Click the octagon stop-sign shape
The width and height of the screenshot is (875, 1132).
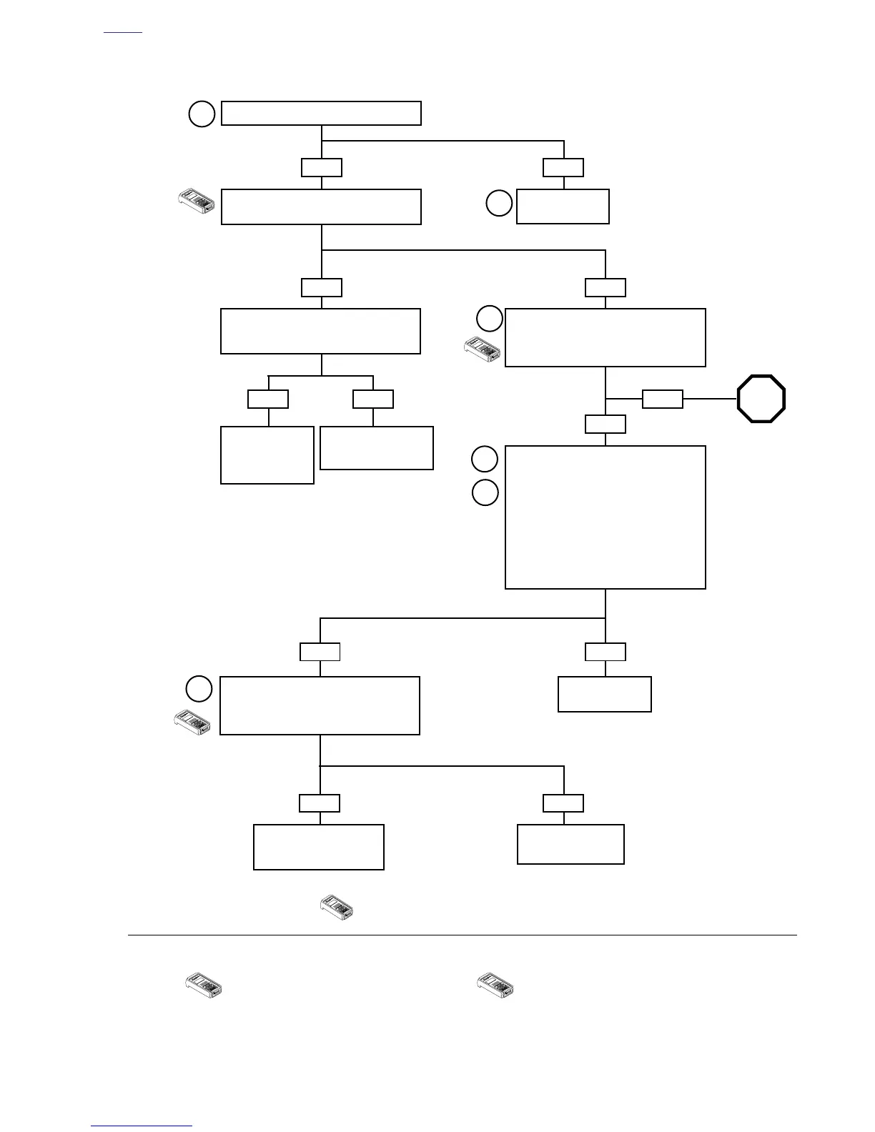pos(761,399)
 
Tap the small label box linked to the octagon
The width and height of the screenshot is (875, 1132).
pos(662,399)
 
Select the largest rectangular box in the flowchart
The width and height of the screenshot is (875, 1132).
pos(605,517)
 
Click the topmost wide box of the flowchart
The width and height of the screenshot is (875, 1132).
pos(321,114)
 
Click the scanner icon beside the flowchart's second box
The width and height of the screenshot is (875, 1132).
pos(196,203)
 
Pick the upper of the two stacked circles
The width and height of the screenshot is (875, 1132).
pos(485,459)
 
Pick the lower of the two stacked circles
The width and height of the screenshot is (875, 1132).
pos(485,493)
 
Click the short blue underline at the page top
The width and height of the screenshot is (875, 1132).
pos(123,33)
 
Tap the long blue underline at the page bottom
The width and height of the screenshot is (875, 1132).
pos(142,1126)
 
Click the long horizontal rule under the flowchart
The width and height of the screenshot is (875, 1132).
pos(462,935)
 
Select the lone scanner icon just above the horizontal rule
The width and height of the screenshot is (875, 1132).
pos(337,910)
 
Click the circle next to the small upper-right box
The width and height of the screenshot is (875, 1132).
pos(499,204)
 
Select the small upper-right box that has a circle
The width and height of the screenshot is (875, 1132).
pos(563,207)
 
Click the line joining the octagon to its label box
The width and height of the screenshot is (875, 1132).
pos(709,399)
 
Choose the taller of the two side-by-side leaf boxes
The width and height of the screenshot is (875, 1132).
pos(267,455)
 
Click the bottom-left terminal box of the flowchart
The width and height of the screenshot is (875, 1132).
pos(319,847)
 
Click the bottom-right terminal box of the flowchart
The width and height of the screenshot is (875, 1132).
pos(570,844)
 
